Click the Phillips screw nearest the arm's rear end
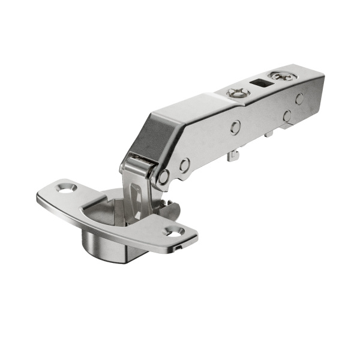click(x=280, y=76)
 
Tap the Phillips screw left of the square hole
click(x=236, y=93)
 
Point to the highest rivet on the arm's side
click(x=299, y=98)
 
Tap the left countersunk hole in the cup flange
click(x=64, y=188)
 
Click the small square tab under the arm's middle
click(x=268, y=134)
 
